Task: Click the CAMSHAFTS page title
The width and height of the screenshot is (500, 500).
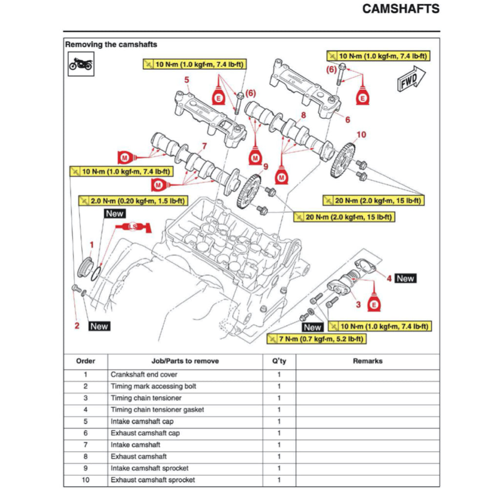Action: (400, 9)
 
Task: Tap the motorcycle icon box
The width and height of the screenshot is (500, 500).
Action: (81, 64)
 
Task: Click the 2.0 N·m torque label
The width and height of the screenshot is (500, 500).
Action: (133, 201)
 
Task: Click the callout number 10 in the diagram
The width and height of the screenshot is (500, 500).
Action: (361, 135)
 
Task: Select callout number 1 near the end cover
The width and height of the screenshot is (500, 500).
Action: (91, 243)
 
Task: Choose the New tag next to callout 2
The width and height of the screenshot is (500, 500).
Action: (99, 326)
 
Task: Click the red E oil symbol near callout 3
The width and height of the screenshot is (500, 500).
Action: (374, 305)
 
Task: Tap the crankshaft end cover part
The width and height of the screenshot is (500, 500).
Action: (85, 268)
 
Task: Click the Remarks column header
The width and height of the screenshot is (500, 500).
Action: (367, 361)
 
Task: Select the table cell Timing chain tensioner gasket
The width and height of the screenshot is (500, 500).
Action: (157, 410)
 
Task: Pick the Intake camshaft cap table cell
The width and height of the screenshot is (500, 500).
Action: (142, 421)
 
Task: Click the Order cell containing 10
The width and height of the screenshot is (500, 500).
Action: (85, 480)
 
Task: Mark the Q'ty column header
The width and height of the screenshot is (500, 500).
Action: (279, 361)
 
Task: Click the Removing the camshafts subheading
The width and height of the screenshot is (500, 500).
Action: (111, 44)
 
